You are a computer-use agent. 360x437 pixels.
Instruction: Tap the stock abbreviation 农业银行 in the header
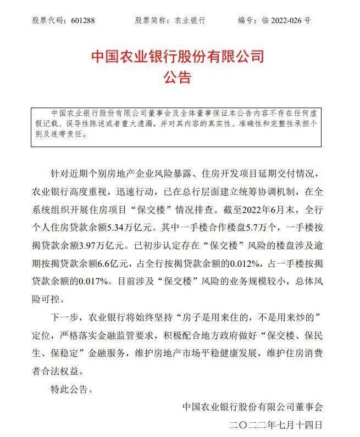coord(190,20)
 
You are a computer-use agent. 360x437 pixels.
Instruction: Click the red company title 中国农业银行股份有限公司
coord(177,57)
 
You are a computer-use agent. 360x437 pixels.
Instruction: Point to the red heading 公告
coord(177,77)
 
